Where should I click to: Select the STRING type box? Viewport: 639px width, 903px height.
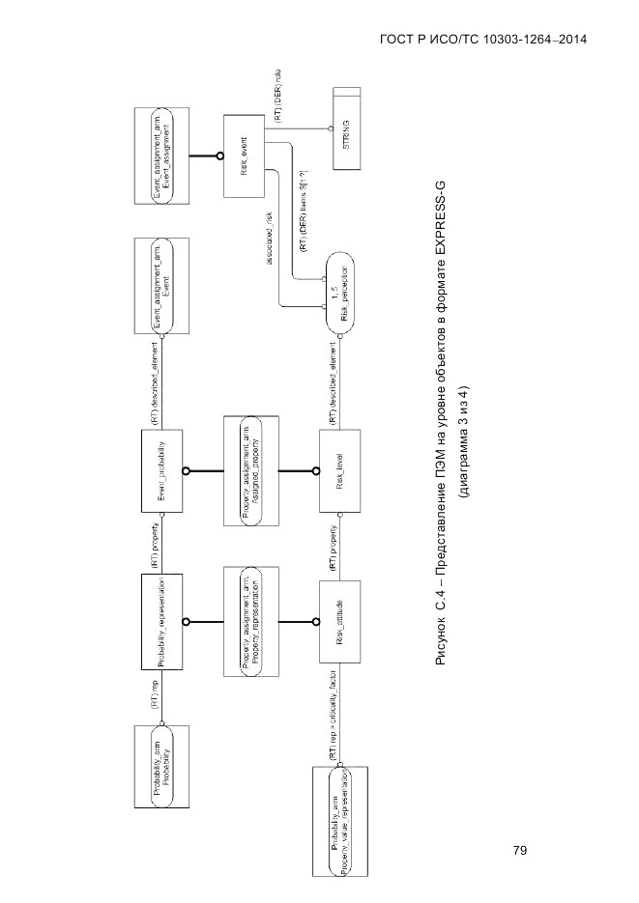(346, 128)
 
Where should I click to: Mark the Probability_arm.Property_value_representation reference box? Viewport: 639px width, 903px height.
(340, 821)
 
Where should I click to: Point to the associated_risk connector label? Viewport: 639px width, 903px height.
(270, 239)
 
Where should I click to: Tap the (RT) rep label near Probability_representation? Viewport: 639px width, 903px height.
(155, 697)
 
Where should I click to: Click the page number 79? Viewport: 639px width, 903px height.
(520, 851)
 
